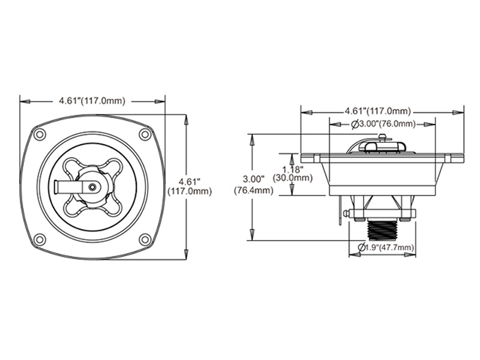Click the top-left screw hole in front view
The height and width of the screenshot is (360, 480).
40,134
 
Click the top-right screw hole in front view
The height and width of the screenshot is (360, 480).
145,134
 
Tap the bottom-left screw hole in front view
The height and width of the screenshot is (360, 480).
40,239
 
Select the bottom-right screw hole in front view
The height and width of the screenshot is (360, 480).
145,239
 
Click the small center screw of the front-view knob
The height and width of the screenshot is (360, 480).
92,187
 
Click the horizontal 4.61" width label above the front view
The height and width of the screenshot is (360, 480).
92,100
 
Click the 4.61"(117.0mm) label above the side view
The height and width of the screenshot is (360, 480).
378,111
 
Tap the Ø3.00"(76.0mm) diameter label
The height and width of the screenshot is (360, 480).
382,124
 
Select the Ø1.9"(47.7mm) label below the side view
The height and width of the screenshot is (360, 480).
385,247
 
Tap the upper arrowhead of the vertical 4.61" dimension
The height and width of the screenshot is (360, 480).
185,119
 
